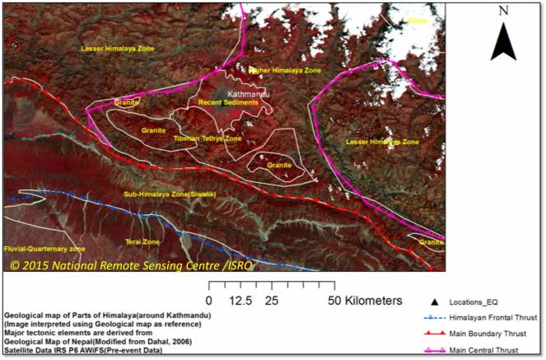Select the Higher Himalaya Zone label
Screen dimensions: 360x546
click(284, 72)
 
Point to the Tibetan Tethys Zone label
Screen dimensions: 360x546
click(208, 138)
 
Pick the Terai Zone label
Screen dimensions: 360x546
click(142, 241)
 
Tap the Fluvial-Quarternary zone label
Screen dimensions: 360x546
click(44, 248)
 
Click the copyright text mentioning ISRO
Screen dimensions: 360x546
click(132, 265)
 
